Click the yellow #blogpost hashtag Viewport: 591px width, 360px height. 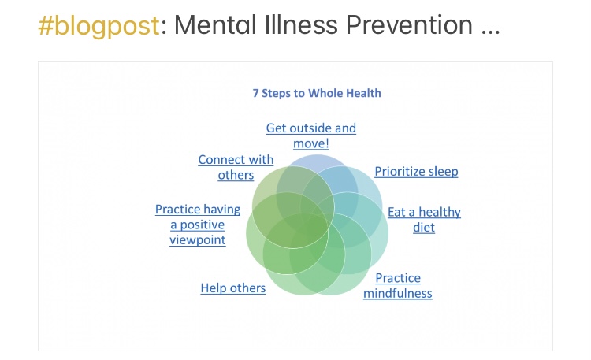[98, 26]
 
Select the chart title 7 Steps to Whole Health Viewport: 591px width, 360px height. [316, 93]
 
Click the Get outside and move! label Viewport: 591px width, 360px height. [310, 135]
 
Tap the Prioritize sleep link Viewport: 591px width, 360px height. [416, 171]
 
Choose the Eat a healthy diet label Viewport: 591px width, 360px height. [424, 220]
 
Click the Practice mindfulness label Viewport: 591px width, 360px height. [398, 285]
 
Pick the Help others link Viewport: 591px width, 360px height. [232, 288]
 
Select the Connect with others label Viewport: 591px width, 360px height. [236, 167]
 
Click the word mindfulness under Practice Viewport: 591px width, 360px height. [398, 294]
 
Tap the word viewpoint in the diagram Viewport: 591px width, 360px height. [197, 239]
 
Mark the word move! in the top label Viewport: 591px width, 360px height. [310, 143]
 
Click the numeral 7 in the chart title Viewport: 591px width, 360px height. [255, 93]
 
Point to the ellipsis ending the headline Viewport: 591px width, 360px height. [489, 28]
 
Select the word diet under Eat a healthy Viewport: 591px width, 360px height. [424, 228]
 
